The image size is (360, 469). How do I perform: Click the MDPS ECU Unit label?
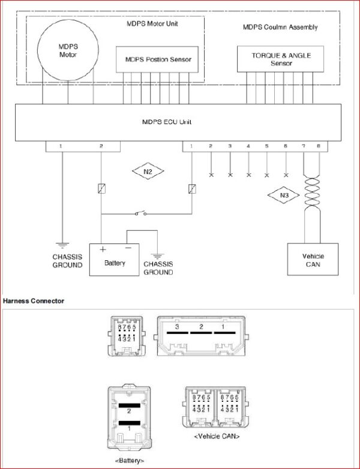(167, 122)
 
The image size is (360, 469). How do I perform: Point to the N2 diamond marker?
(148, 172)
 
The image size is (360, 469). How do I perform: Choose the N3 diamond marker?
(283, 196)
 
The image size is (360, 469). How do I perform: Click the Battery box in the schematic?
(115, 260)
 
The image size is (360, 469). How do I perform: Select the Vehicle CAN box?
(313, 259)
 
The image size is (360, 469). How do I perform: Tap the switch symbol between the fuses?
(140, 214)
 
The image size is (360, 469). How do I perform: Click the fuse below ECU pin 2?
(102, 189)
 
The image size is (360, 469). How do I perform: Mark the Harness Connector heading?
(34, 301)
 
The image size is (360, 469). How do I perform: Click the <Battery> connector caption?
(130, 461)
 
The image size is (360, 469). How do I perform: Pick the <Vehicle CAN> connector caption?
(217, 437)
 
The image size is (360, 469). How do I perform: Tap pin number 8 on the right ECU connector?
(319, 146)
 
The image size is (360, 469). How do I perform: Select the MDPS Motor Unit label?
(152, 23)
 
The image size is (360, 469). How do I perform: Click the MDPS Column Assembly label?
(280, 27)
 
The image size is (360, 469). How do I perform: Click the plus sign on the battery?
(103, 249)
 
